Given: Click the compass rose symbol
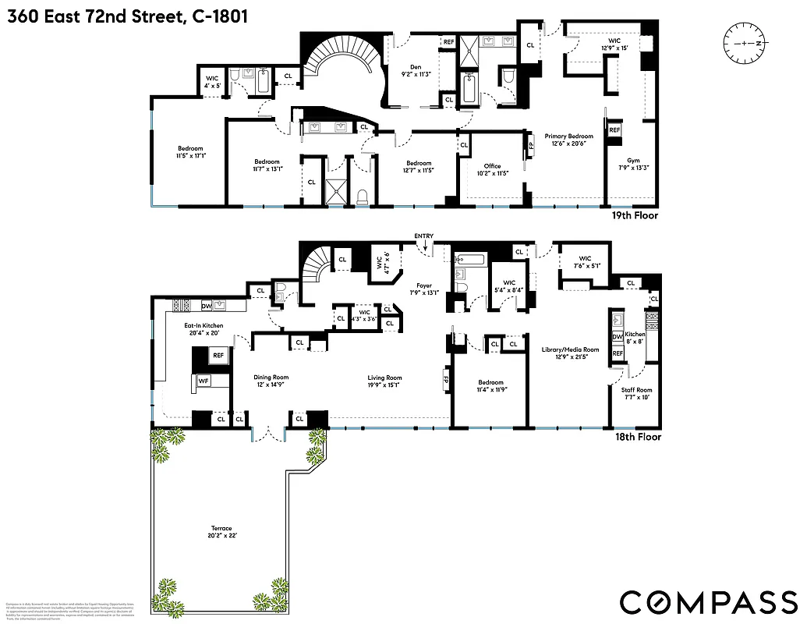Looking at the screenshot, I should pos(746,43).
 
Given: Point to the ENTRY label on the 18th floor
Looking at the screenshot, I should pos(424,236).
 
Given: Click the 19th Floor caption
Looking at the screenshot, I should pos(635,215).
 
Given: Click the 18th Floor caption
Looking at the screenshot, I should pos(637,437).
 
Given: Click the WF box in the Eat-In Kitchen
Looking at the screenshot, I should pos(204,381).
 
